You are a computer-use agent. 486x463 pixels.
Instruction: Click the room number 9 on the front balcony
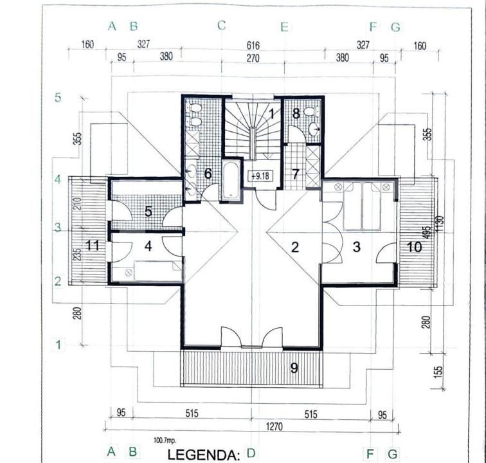[x=294, y=368]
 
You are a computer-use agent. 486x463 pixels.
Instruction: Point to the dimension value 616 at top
[x=252, y=45]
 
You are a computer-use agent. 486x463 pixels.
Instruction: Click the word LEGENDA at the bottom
[x=203, y=455]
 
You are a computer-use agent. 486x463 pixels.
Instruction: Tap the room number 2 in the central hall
[x=296, y=246]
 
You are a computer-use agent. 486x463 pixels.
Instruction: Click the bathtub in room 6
[x=230, y=179]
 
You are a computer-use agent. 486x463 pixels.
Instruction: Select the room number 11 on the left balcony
[x=93, y=244]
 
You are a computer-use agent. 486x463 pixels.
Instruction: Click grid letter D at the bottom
[x=251, y=453]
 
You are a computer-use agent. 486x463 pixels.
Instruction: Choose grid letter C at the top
[x=222, y=25]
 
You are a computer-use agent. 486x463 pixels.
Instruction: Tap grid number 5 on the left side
[x=58, y=98]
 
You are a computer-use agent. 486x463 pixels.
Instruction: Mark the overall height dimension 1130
[x=440, y=222]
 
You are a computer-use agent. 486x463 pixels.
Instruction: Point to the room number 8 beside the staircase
[x=296, y=114]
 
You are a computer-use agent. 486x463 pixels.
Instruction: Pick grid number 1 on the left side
[x=58, y=344]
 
